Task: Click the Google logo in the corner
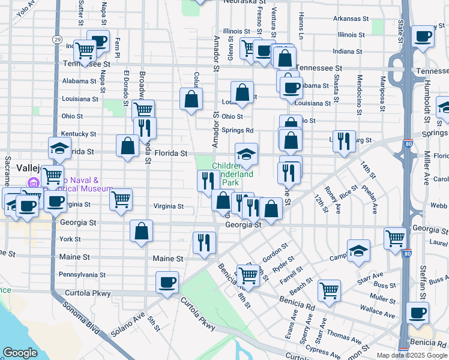click(20, 353)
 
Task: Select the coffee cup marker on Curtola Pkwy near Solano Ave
click(167, 282)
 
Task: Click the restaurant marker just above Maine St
click(204, 242)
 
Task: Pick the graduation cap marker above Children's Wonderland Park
click(246, 154)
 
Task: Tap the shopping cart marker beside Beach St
click(330, 290)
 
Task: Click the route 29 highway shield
click(56, 39)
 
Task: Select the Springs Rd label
click(237, 130)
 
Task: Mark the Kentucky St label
click(78, 134)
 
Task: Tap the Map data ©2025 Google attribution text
click(412, 355)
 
